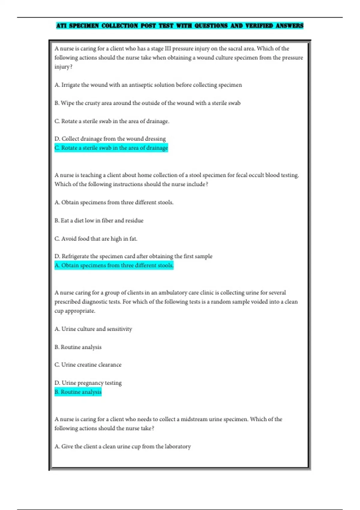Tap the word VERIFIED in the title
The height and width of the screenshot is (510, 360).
[259, 26]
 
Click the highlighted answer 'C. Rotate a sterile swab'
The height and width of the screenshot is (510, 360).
[111, 148]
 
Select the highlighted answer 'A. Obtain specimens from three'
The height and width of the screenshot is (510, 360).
[114, 265]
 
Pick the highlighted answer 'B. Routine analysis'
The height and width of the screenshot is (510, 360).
[78, 392]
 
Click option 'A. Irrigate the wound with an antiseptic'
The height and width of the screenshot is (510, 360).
[148, 85]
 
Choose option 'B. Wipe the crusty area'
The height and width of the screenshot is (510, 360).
[147, 103]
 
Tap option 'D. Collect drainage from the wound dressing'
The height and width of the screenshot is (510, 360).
[110, 139]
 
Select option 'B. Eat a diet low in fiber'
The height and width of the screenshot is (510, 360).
[99, 220]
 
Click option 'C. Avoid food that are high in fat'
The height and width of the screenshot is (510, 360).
[96, 239]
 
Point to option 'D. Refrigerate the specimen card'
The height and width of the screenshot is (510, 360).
[133, 256]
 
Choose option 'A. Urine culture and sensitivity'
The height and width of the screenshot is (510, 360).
[93, 329]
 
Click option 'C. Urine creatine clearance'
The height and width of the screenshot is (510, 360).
[88, 365]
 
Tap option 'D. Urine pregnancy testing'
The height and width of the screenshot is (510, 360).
[88, 383]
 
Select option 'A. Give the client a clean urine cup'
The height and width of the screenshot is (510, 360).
[122, 447]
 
